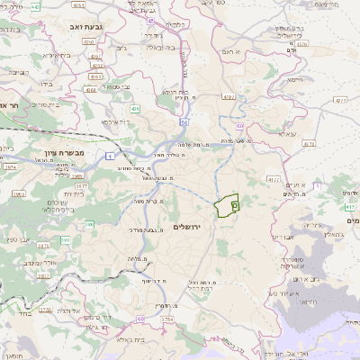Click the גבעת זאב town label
pos(77,28)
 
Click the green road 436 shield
pos(135,108)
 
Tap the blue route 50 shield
pos(184,121)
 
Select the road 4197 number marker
pos(229,95)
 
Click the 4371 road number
pos(338,101)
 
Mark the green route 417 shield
pos(349,207)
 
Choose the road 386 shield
pos(88,223)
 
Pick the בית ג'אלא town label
pos(130,339)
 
